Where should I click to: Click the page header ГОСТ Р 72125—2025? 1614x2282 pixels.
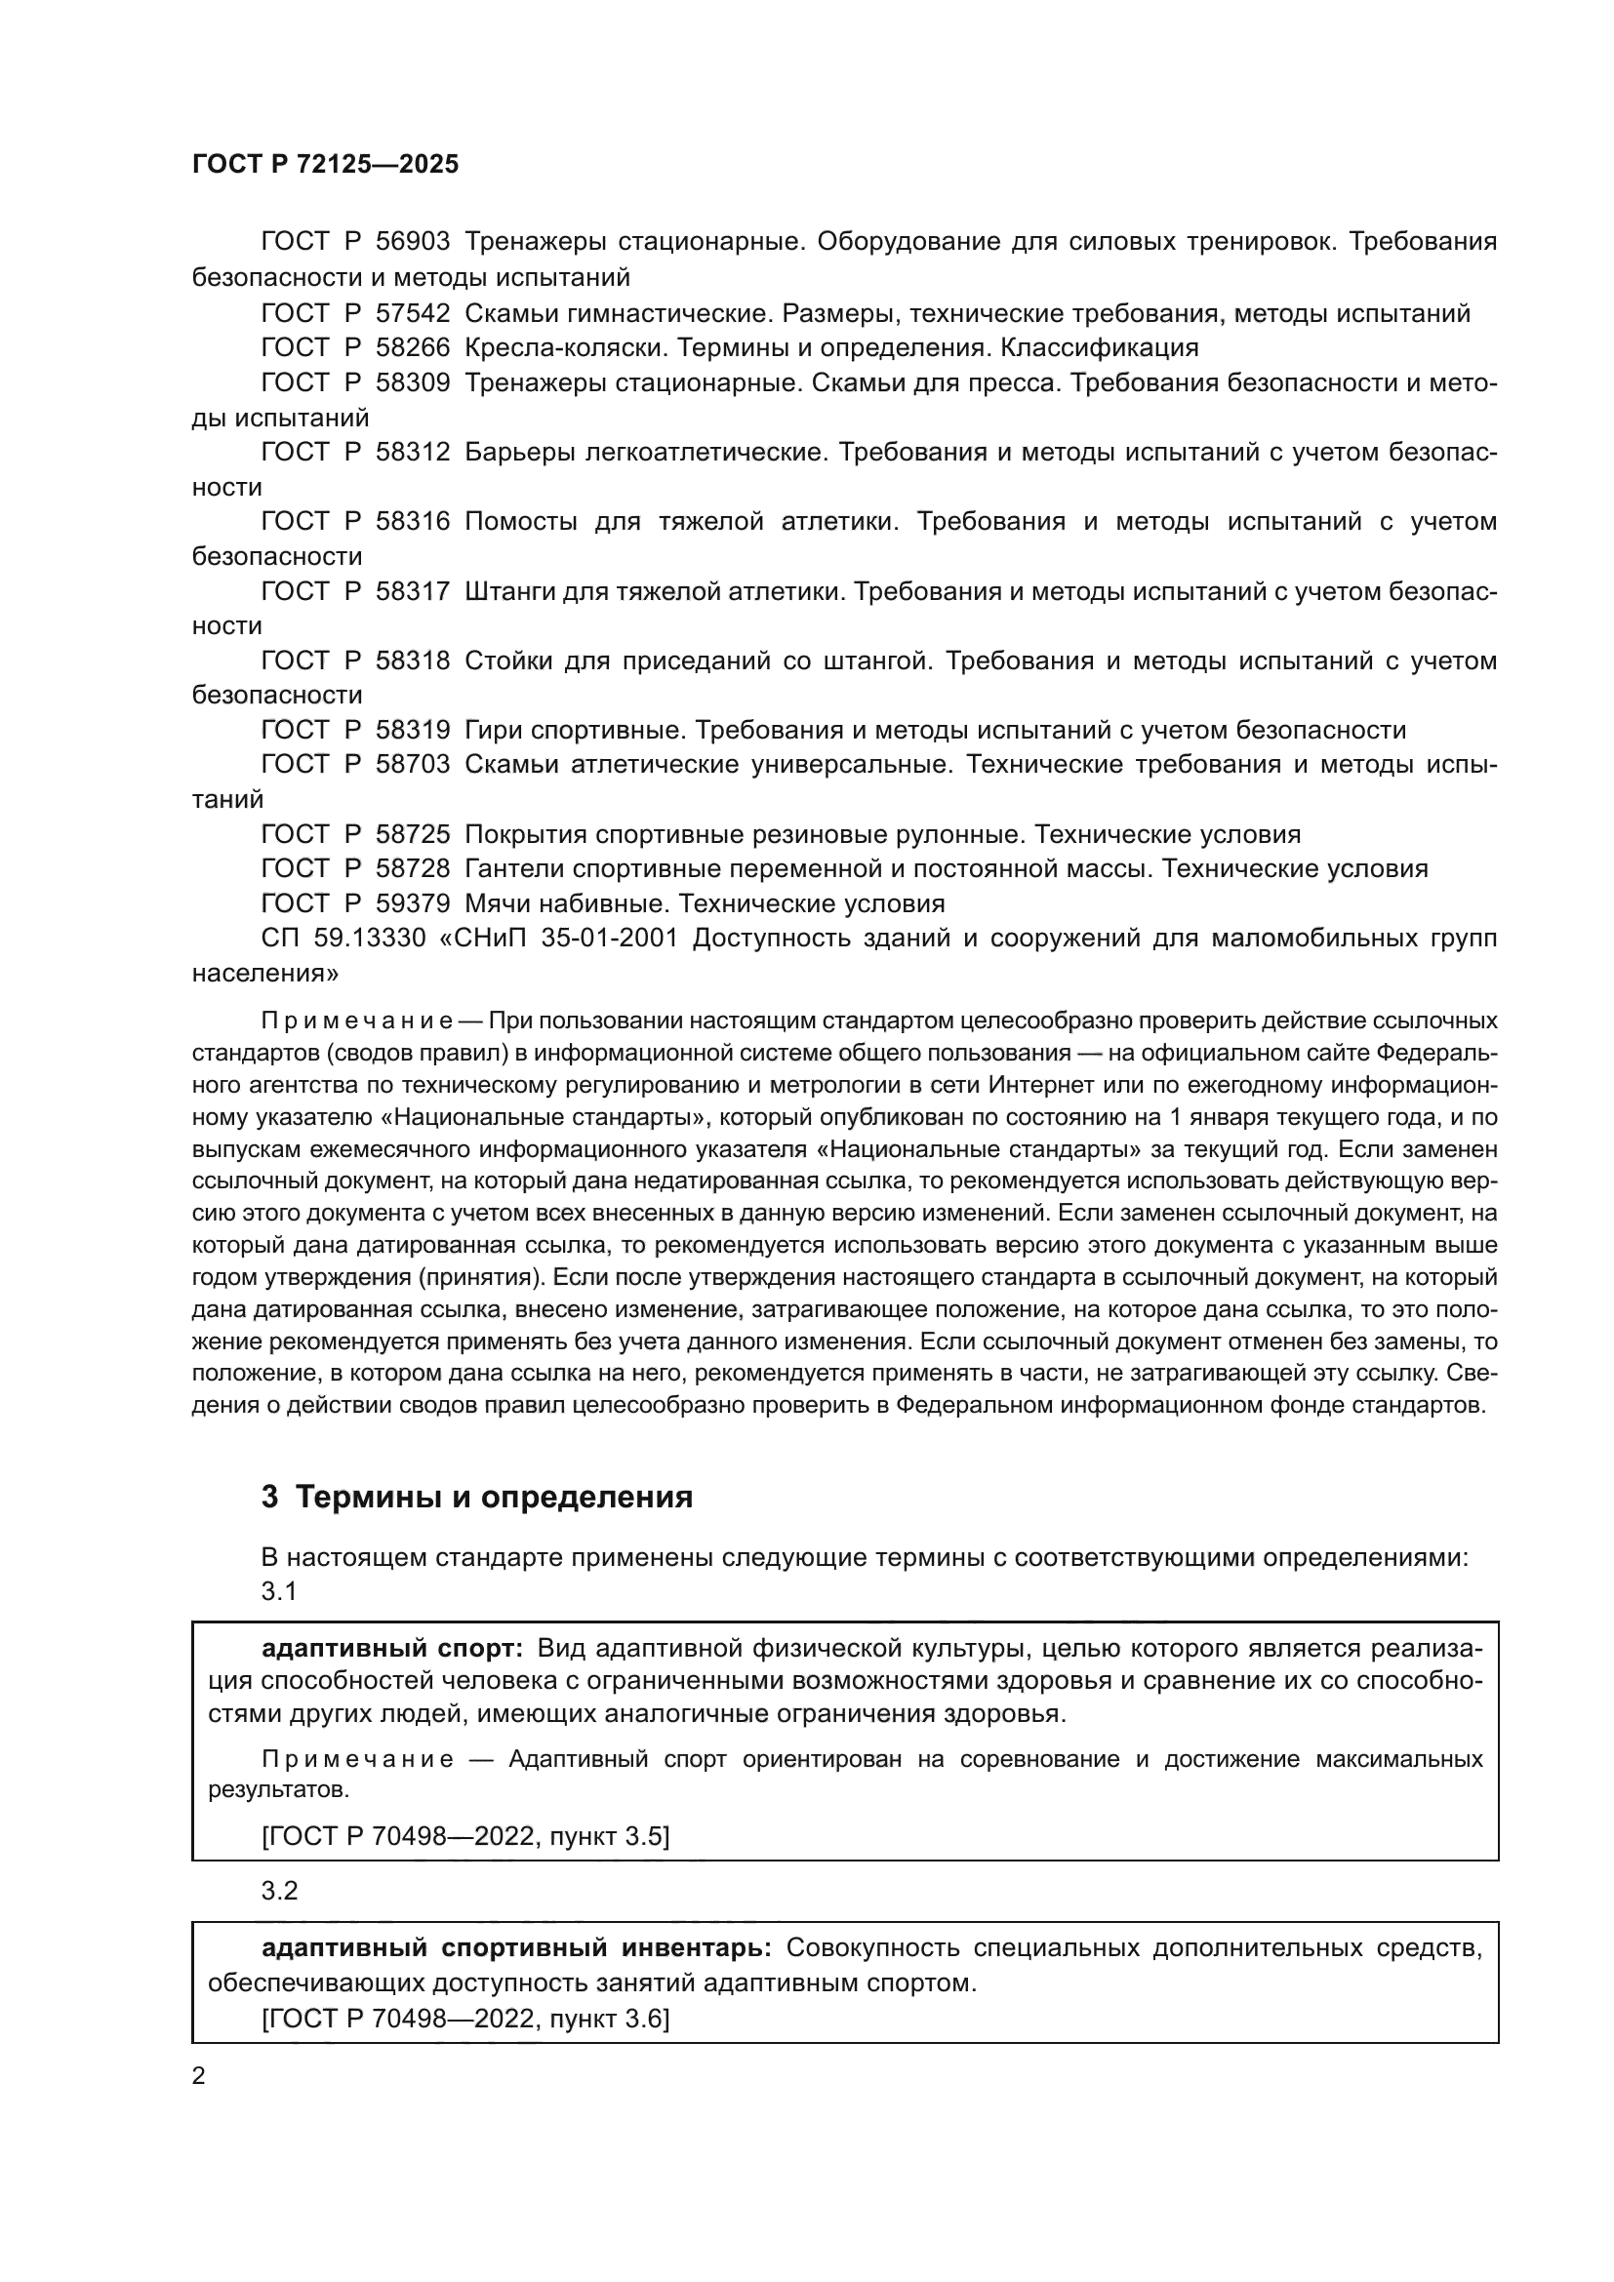click(x=325, y=164)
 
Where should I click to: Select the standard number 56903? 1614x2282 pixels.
click(x=413, y=242)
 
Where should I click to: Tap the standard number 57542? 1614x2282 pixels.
click(x=413, y=314)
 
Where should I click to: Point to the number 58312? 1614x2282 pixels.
click(x=413, y=453)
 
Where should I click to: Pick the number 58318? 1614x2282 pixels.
click(x=413, y=661)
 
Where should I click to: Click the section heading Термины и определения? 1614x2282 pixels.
click(x=494, y=1525)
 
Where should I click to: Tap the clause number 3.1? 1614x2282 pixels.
click(x=279, y=1591)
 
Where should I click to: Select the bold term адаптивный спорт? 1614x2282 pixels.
click(x=391, y=1649)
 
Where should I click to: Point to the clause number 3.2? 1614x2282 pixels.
click(x=279, y=1891)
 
